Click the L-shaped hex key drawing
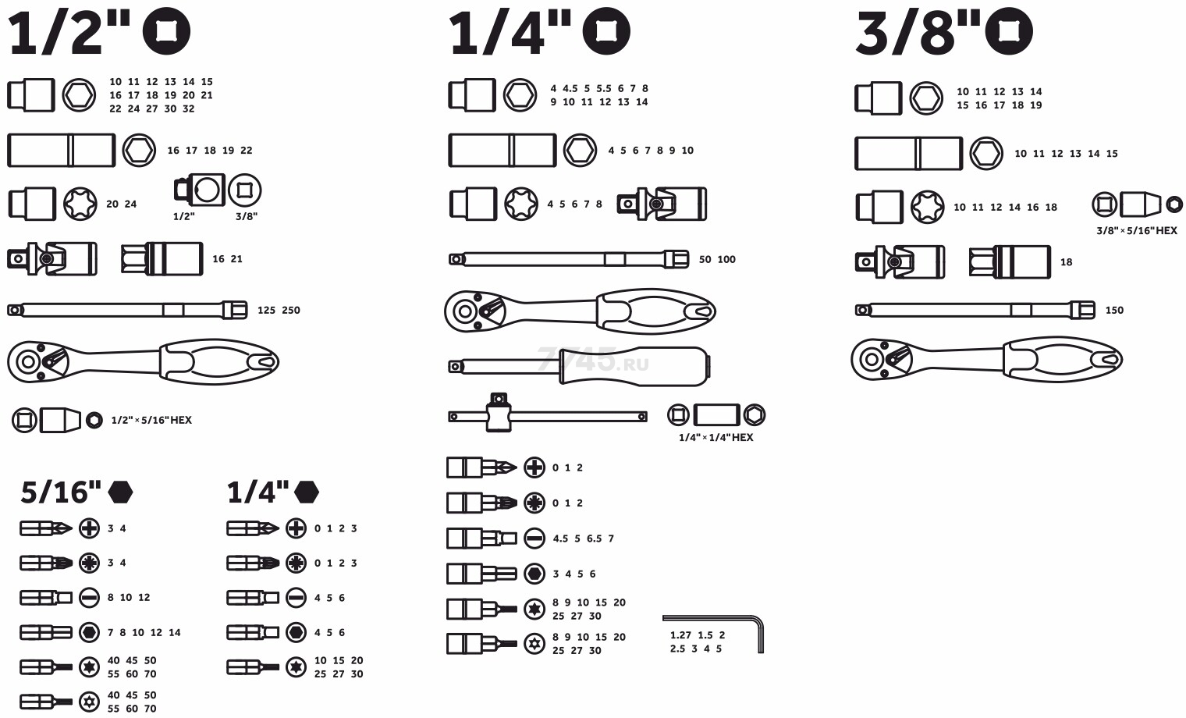coord(760,633)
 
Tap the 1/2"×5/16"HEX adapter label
coord(151,420)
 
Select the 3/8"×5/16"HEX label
coord(1137,230)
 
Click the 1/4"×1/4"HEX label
coord(716,437)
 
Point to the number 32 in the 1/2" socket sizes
coord(189,108)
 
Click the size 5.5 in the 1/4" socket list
coord(604,88)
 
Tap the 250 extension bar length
coord(291,311)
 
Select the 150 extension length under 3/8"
coord(1114,311)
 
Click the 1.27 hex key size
coord(680,634)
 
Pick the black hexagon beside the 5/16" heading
coord(120,492)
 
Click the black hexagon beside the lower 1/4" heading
coord(307,492)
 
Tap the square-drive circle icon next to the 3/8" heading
coord(1009,31)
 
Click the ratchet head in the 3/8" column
coord(882,360)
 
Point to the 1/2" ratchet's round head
coord(38,361)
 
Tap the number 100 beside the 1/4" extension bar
coord(726,259)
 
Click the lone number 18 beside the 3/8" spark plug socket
coord(1067,262)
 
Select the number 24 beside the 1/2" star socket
coord(130,204)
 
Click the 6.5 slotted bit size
coord(594,538)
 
